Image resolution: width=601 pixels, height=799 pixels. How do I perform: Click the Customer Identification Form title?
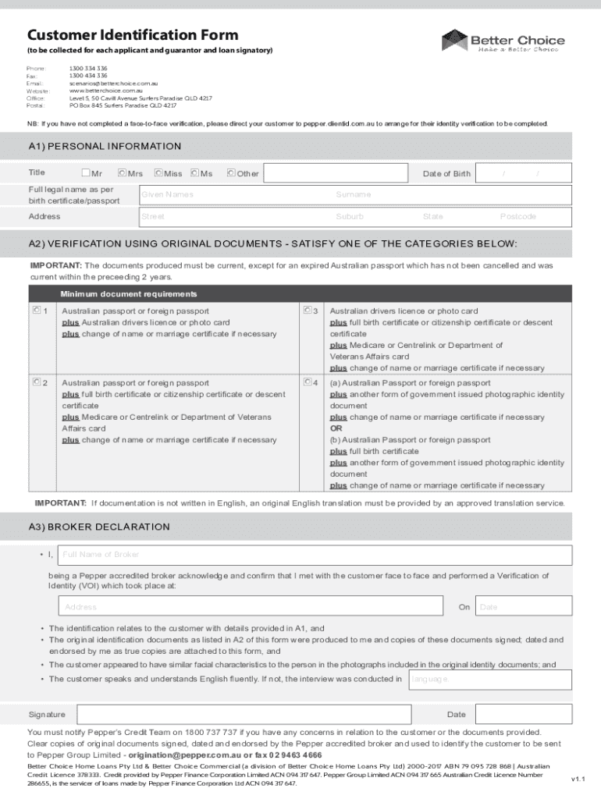(x=133, y=35)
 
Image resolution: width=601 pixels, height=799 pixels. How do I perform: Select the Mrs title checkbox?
(x=122, y=173)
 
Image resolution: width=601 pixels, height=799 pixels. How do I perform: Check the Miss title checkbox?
(x=158, y=173)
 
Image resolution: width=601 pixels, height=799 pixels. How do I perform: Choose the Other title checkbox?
(x=231, y=173)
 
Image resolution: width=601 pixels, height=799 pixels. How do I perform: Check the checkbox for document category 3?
(x=308, y=311)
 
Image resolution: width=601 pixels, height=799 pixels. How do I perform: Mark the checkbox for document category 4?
(x=308, y=382)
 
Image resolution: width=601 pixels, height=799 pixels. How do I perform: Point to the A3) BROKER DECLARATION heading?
(x=99, y=527)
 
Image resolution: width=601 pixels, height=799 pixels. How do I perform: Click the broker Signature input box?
(x=250, y=714)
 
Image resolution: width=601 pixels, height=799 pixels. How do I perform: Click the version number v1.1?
(x=577, y=779)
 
